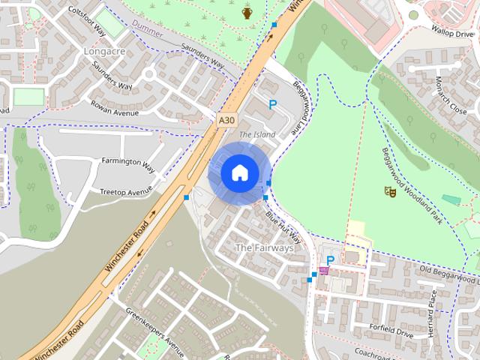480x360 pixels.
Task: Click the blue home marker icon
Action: pos(239,172)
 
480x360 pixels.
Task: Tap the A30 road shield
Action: pos(227,119)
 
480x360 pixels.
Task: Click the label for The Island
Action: pos(257,134)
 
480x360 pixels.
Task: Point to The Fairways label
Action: pos(264,247)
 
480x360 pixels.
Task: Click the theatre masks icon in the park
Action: pos(389,192)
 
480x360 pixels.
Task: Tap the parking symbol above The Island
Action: pos(273,106)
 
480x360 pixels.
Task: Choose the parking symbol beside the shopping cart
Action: pos(330,260)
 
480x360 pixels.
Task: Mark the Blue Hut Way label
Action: pos(283,226)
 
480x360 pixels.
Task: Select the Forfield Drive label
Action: pos(391,330)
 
